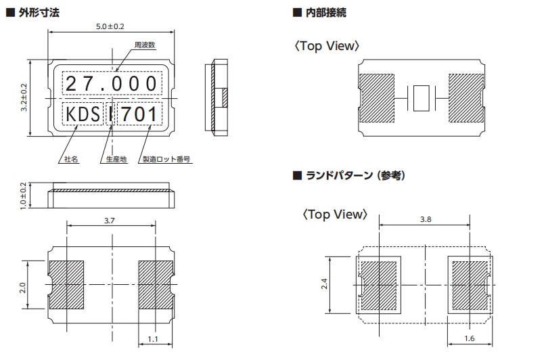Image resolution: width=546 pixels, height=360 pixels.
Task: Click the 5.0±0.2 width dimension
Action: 112,27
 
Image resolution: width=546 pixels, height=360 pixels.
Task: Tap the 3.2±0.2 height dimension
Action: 24,99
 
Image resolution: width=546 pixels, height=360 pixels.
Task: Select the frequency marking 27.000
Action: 112,85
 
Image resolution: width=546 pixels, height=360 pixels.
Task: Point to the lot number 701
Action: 139,114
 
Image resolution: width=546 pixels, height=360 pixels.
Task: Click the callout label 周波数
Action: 145,45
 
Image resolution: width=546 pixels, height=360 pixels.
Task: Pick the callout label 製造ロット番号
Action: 166,160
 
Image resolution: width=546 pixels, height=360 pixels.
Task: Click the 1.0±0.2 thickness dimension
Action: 24,196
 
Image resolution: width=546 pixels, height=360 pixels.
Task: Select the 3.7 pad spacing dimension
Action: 112,221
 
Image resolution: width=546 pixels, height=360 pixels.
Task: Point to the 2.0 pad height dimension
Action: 24,287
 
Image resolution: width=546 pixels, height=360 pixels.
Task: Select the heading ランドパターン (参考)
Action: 352,175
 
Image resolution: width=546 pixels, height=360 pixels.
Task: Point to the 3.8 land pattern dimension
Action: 425,220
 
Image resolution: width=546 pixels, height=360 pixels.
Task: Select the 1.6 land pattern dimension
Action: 471,338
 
